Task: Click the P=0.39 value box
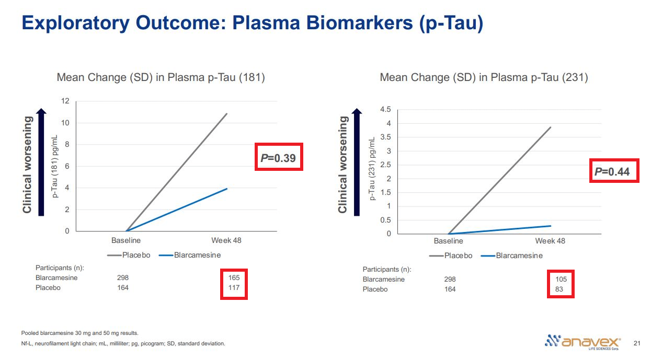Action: click(279, 157)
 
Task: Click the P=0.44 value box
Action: click(614, 170)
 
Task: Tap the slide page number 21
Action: click(636, 343)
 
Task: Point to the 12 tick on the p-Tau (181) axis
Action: click(65, 101)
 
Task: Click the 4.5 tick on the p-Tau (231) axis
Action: click(385, 110)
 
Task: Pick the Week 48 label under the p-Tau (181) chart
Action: click(226, 241)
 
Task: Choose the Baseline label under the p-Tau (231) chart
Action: click(448, 241)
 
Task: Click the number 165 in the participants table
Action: click(233, 278)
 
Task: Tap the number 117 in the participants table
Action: click(233, 288)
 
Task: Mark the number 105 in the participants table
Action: click(561, 280)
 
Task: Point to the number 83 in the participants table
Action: click(559, 289)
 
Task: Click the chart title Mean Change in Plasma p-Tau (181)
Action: click(161, 78)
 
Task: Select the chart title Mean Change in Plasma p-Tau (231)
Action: click(484, 78)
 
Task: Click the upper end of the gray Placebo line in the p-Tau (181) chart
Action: click(226, 114)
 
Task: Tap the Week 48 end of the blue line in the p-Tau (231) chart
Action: click(551, 226)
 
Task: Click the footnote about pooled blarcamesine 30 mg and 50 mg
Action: click(79, 333)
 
